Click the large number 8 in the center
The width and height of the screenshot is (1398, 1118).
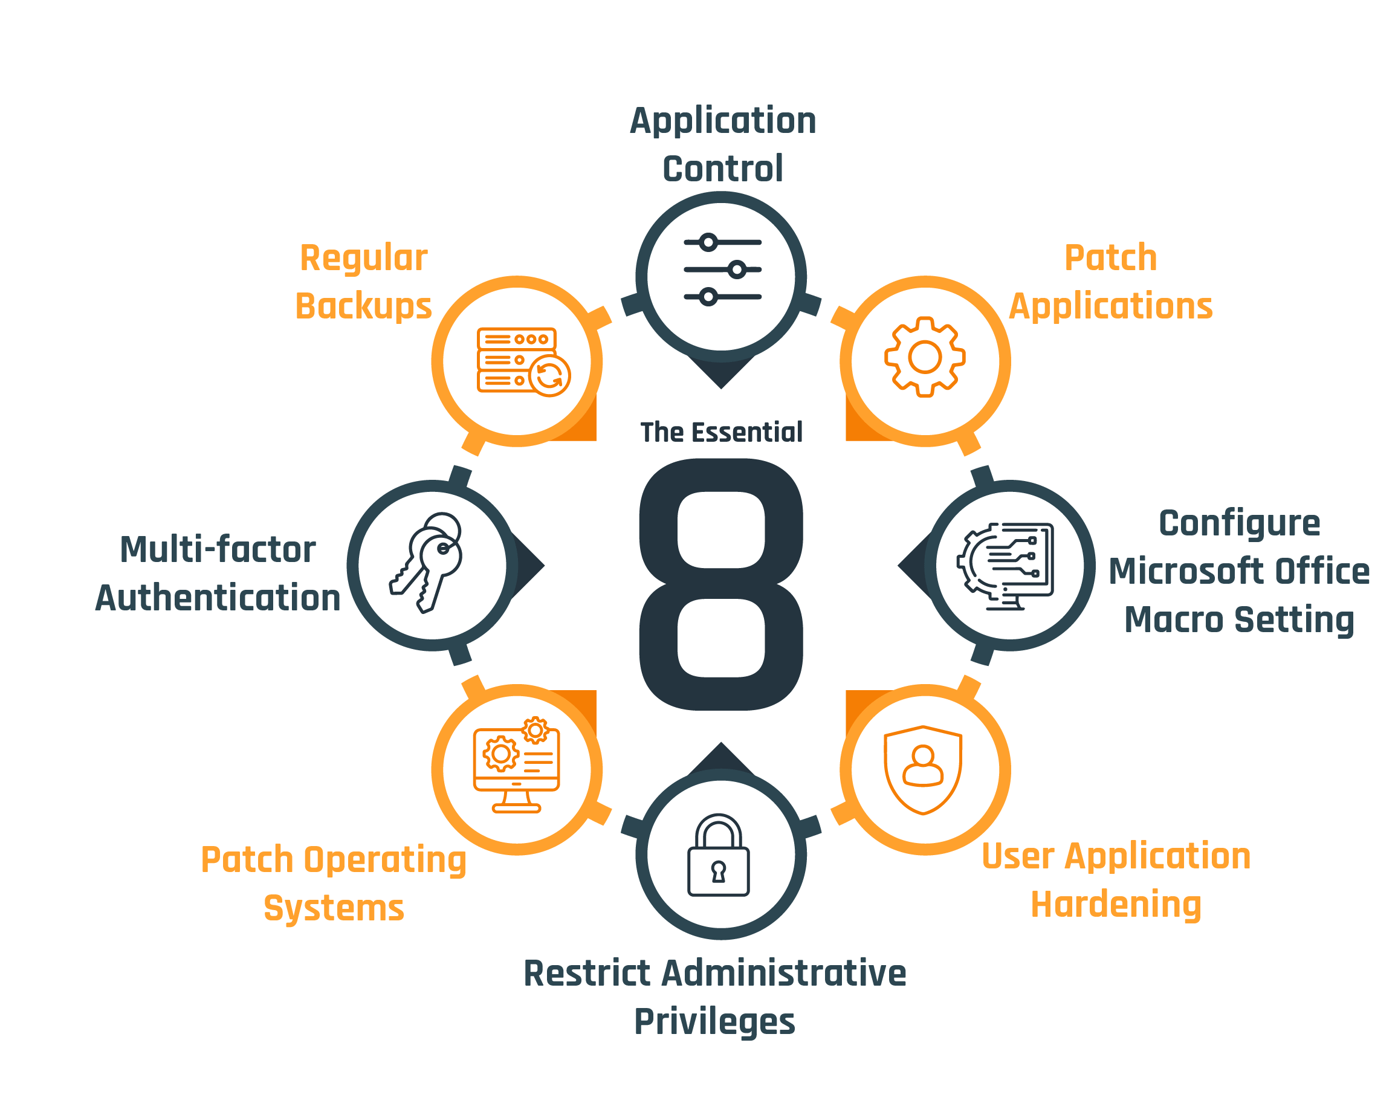pos(721,584)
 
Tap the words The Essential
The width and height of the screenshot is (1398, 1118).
pos(721,432)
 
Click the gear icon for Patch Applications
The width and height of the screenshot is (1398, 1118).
pos(925,357)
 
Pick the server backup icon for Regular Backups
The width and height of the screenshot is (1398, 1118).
pos(523,361)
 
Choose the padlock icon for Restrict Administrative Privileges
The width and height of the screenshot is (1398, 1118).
pos(719,855)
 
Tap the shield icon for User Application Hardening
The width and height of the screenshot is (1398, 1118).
pos(924,769)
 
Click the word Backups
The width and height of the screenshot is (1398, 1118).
pos(363,307)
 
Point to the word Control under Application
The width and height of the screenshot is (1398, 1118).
pos(722,169)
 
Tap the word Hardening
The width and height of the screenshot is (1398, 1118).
pos(1116,905)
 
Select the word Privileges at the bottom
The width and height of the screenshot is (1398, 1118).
pos(714,1022)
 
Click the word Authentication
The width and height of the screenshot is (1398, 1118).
pos(218,598)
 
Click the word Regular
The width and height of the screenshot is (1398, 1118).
pos(363,258)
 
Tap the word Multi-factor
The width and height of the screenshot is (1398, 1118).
pos(218,550)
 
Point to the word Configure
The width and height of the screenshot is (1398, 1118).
pos(1239,523)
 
